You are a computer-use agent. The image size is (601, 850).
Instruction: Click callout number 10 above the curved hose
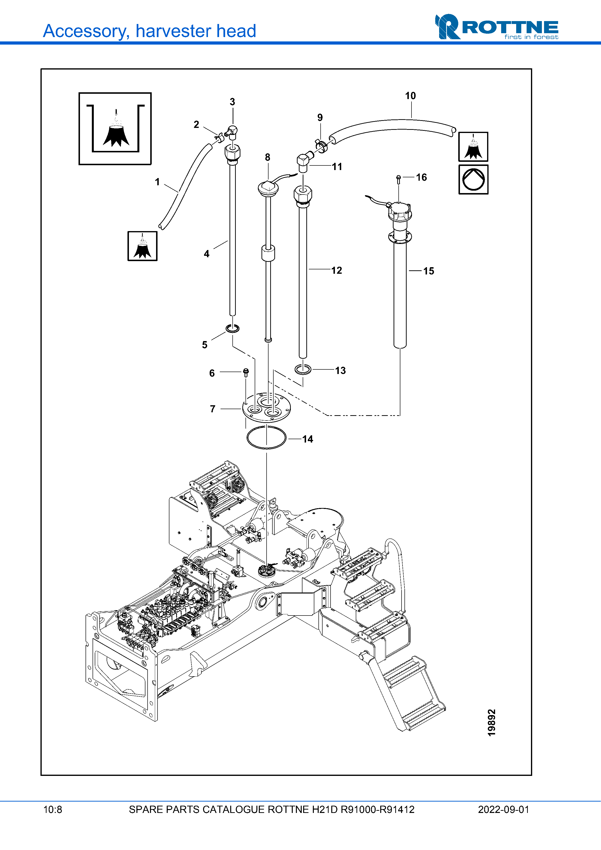tap(410, 96)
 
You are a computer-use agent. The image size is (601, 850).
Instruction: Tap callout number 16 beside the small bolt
tap(421, 177)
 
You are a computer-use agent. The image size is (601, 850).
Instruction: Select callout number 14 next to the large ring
tap(308, 439)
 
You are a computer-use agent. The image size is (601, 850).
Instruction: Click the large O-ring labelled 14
tap(266, 437)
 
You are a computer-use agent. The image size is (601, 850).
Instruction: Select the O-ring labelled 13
tap(303, 369)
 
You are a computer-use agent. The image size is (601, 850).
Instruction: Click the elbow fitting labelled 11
tap(303, 162)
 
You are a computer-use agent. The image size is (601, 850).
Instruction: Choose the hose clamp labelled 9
tap(321, 145)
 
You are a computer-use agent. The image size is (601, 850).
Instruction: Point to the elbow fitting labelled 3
tap(233, 132)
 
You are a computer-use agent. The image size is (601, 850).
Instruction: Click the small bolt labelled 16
tap(398, 179)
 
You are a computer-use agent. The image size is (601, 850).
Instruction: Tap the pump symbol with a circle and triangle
tap(473, 179)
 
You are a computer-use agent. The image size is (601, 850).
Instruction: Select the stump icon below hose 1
tap(142, 246)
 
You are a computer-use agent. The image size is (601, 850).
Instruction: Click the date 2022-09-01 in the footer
tap(503, 810)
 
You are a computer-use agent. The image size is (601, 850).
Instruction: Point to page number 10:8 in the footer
tap(53, 810)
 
